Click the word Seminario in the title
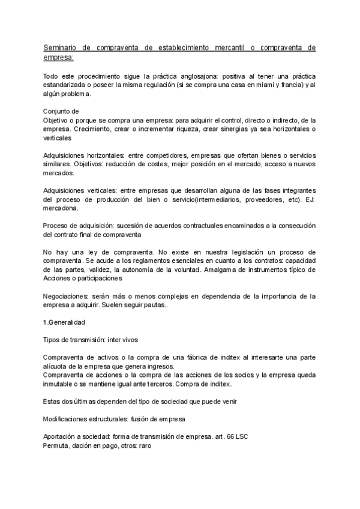(x=62, y=47)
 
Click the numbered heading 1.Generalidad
(x=64, y=322)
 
